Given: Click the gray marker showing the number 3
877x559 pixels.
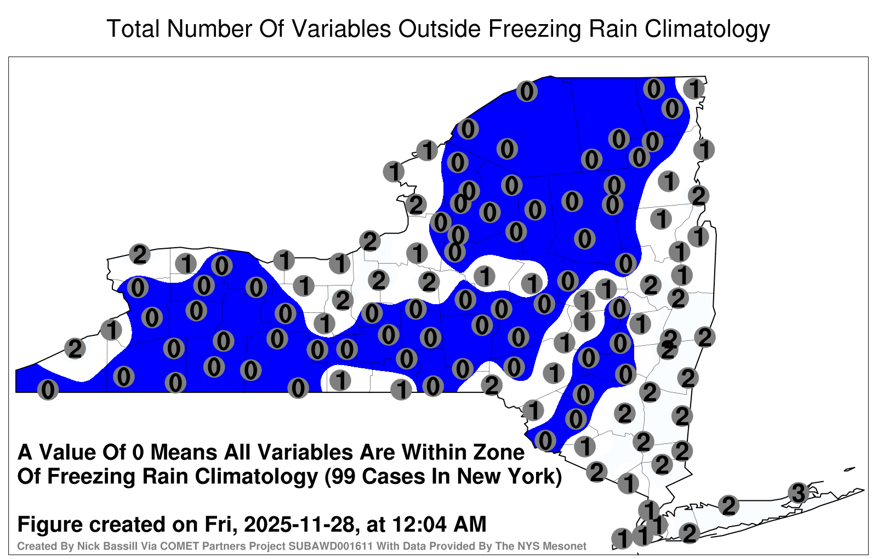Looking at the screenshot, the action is click(798, 493).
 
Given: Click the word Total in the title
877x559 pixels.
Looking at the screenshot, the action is click(133, 28).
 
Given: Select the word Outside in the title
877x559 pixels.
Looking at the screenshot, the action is click(439, 28).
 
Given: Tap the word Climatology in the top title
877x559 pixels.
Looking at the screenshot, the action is click(707, 30).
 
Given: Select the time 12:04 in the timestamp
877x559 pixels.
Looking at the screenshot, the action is click(419, 524).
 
